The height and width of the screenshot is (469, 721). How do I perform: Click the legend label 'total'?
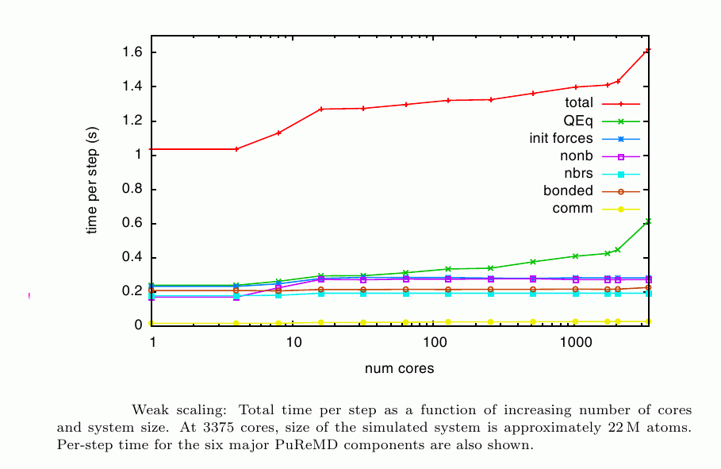(x=578, y=103)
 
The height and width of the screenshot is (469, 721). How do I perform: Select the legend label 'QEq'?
(x=577, y=121)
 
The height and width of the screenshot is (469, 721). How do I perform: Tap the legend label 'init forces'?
(x=561, y=138)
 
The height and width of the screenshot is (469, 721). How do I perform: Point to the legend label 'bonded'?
(x=568, y=190)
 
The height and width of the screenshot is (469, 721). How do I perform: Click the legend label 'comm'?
(x=572, y=209)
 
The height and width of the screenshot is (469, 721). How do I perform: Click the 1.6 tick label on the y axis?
(x=132, y=52)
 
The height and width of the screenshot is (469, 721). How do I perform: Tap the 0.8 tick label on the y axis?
(x=132, y=189)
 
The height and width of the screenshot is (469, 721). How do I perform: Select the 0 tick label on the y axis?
(x=137, y=325)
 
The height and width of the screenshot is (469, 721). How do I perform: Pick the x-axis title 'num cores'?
(x=399, y=369)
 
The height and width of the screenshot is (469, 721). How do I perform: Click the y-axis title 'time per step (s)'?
(x=92, y=180)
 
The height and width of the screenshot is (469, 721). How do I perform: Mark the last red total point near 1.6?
(x=648, y=50)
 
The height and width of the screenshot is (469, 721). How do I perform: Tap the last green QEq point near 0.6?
(x=648, y=221)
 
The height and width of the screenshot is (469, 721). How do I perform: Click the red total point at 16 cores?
(x=321, y=109)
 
